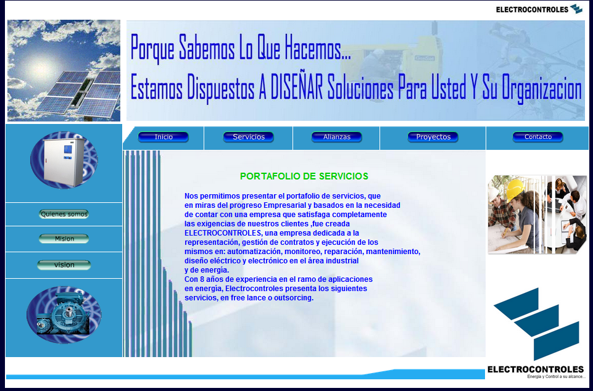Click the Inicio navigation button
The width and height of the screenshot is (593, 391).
click(163, 137)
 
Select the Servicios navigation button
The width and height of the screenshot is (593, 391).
click(249, 137)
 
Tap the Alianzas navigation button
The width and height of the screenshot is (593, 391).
click(336, 137)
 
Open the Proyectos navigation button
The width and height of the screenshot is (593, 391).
click(433, 137)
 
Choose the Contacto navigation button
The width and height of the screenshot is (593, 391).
click(538, 137)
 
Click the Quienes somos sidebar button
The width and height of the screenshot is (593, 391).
click(64, 214)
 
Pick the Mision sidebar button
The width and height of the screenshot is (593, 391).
click(64, 239)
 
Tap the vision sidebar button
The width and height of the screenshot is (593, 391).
click(64, 265)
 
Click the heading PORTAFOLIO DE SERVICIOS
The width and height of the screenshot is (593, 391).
click(304, 176)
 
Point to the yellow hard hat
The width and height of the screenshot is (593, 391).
click(515, 189)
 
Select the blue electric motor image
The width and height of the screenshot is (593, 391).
click(64, 313)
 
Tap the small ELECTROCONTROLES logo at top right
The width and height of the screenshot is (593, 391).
click(539, 9)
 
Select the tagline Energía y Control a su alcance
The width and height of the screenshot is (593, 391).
click(557, 377)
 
